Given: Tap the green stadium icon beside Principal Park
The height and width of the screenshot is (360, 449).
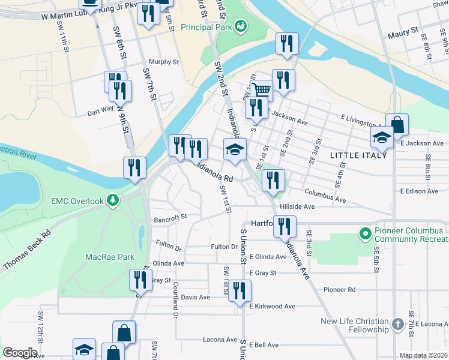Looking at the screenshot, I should [241, 26].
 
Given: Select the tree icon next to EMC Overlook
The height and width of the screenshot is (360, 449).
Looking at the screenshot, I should [112, 199].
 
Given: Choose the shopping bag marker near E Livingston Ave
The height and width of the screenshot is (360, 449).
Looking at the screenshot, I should [397, 125].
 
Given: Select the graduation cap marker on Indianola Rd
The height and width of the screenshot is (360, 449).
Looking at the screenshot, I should [235, 149].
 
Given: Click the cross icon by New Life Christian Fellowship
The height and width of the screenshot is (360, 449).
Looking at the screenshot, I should [397, 325].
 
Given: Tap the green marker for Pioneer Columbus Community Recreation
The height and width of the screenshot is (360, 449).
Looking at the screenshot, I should [364, 232].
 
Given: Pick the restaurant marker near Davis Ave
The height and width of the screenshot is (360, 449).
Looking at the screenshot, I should [240, 291].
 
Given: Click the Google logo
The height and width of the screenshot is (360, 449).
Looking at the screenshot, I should [20, 353].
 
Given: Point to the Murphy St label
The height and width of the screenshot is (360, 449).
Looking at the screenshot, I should [164, 62].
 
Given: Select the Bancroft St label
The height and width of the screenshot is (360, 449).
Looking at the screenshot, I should [170, 218].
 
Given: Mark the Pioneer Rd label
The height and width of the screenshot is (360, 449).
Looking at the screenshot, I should [340, 290].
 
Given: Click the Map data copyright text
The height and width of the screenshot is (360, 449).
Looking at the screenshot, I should [424, 355].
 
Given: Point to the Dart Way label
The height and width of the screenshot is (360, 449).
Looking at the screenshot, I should [100, 110].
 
